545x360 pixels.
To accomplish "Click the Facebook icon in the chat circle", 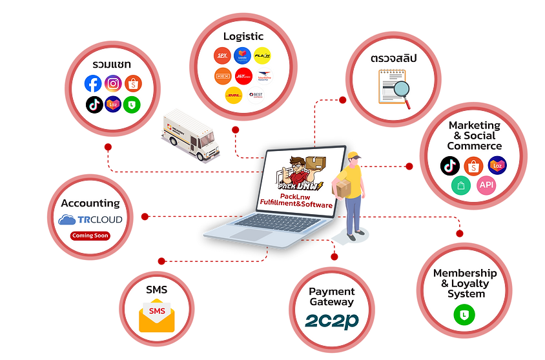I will click(x=94, y=84).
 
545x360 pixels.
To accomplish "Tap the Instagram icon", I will click(x=114, y=84).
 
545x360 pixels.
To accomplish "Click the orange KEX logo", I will click(x=223, y=76).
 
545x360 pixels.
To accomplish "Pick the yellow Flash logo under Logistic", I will click(x=262, y=55).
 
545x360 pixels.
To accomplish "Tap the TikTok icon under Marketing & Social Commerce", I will click(x=450, y=166).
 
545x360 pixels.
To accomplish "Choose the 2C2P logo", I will click(x=331, y=320).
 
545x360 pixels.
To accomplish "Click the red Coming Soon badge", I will click(x=90, y=235).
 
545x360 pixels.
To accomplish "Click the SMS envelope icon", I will click(x=157, y=315).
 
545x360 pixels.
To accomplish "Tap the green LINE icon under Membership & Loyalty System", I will click(x=465, y=314).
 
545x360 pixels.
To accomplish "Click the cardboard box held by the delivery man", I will click(x=341, y=187).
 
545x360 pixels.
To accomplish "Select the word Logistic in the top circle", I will click(x=243, y=36).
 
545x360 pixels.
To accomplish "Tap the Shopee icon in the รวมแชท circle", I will click(x=134, y=84).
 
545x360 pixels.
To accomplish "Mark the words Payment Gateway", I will click(x=331, y=297).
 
